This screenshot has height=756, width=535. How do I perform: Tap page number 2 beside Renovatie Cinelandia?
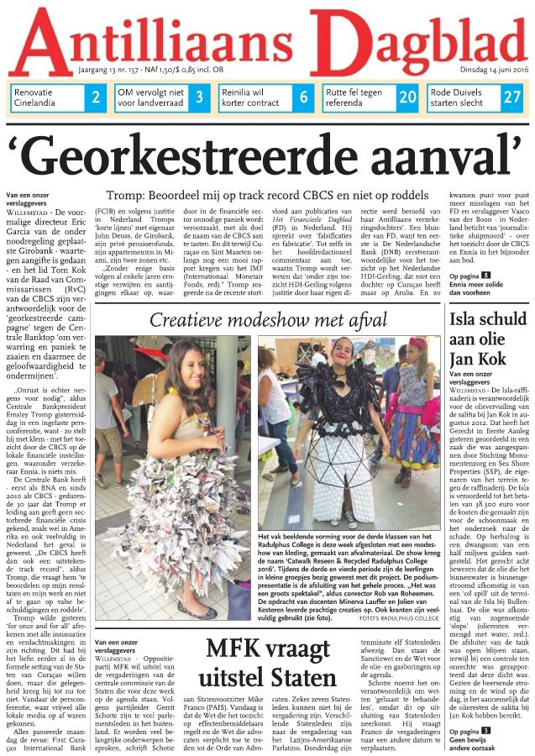tap(96, 97)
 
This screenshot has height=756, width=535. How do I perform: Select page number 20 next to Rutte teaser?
tap(407, 97)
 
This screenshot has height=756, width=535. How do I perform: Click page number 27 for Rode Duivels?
tap(512, 97)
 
